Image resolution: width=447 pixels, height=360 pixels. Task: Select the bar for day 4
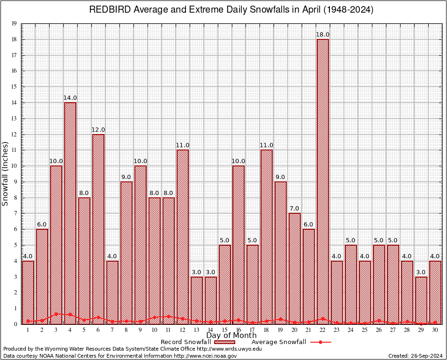(x=70, y=213)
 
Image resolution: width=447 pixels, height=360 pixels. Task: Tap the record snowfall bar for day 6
(x=98, y=229)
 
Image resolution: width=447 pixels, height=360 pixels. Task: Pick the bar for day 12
(x=183, y=237)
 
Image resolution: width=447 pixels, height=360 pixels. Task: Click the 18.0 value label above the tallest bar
(x=323, y=35)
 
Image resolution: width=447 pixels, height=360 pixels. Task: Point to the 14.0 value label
(x=70, y=98)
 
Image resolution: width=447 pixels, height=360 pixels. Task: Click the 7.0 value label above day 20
(x=295, y=209)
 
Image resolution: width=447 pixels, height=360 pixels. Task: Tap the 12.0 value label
(x=98, y=130)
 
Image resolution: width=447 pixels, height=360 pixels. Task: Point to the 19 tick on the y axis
(x=14, y=23)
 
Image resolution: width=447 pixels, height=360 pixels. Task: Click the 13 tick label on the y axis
(x=14, y=119)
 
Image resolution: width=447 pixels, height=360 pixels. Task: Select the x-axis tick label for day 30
(x=435, y=330)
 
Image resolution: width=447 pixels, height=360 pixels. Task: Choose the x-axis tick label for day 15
(x=225, y=330)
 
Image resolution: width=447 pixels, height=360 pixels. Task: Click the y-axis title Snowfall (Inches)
(x=6, y=174)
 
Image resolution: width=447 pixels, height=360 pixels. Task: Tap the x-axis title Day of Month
(x=231, y=336)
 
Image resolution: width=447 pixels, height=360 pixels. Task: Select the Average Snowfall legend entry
(x=278, y=342)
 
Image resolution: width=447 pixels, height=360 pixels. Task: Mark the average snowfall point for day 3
(x=56, y=314)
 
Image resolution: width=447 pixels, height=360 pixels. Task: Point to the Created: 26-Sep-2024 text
(x=415, y=356)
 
